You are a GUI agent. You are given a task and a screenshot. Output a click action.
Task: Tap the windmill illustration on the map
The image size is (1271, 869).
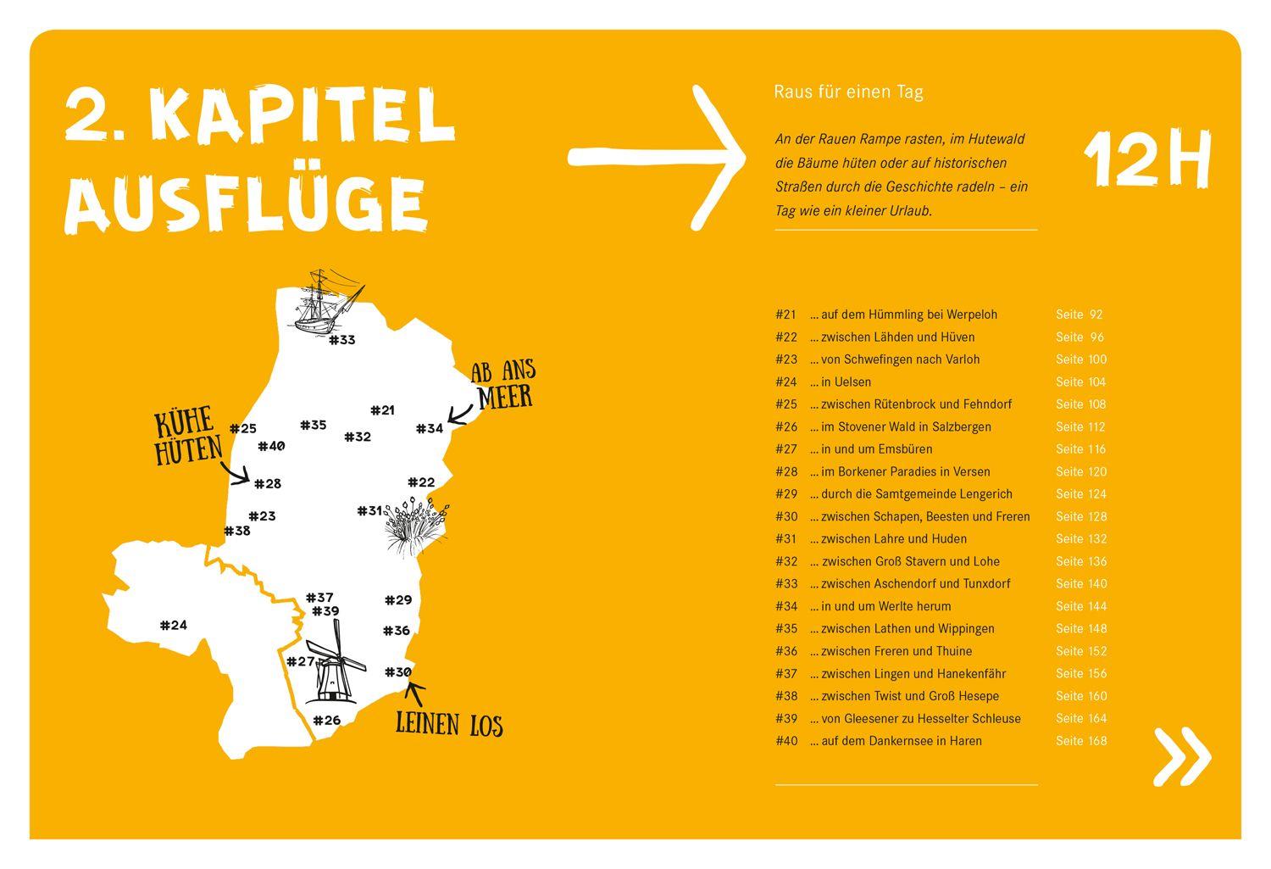333,664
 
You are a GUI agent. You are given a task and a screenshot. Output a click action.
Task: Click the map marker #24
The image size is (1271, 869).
174,626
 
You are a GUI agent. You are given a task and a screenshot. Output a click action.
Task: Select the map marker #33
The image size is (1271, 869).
341,340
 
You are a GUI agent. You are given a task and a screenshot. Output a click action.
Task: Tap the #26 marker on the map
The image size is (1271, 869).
326,721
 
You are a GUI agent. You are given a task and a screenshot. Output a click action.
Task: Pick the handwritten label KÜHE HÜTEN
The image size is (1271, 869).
188,438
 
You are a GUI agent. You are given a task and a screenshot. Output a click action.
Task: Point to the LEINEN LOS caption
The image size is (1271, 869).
449,725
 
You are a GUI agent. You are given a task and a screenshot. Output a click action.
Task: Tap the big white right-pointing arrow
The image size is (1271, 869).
657,157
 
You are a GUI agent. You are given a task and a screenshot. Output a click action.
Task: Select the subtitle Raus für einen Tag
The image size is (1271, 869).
848,92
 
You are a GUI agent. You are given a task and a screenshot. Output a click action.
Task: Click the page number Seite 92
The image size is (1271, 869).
1079,315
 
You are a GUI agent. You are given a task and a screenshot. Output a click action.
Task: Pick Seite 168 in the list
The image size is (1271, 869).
1081,741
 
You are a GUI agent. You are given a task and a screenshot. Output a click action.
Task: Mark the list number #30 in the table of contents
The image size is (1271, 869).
786,516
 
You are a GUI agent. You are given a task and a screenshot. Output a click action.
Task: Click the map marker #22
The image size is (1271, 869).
421,482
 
